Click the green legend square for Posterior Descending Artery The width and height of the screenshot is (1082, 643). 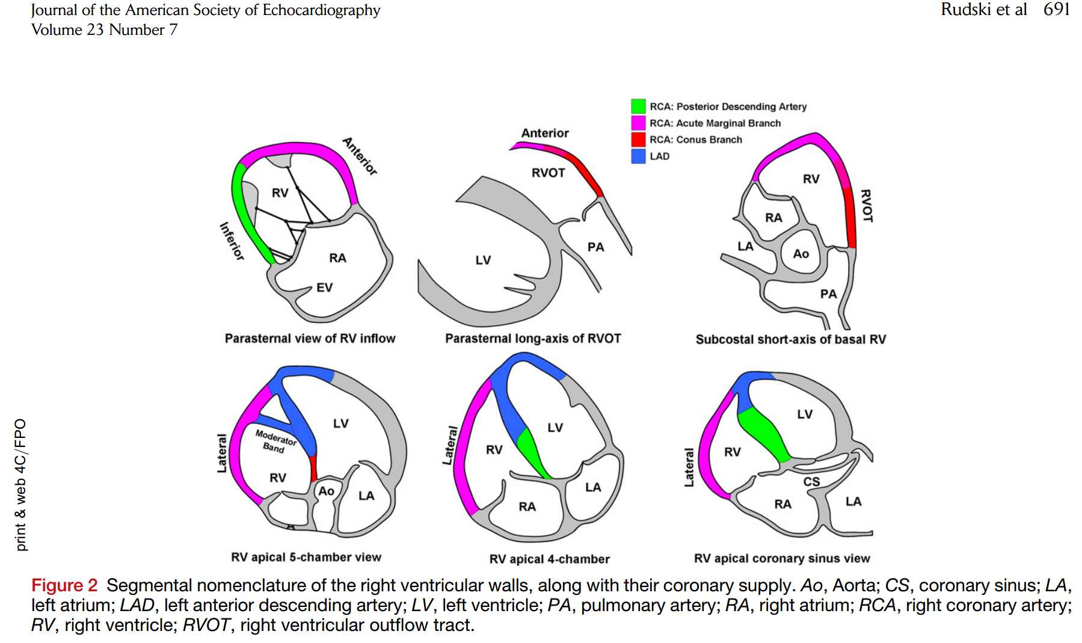pyautogui.click(x=638, y=106)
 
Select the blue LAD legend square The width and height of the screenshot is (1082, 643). pyautogui.click(x=638, y=156)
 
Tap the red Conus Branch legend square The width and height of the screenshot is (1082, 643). pyautogui.click(x=638, y=140)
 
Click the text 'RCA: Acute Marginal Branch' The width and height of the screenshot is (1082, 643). pyautogui.click(x=715, y=123)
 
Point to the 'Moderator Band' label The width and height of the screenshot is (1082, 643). pyautogui.click(x=275, y=441)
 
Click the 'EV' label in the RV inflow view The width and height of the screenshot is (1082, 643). pyautogui.click(x=324, y=288)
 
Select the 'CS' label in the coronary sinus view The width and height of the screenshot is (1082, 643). pyautogui.click(x=811, y=482)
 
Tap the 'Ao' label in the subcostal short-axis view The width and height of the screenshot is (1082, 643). pyautogui.click(x=801, y=254)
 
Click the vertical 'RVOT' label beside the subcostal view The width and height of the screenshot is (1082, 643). pyautogui.click(x=866, y=206)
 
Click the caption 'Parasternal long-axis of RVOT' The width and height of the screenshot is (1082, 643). pyautogui.click(x=533, y=339)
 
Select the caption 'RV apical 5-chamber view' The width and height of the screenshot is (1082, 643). pyautogui.click(x=306, y=558)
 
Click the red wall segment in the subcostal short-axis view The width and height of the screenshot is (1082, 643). pyautogui.click(x=850, y=217)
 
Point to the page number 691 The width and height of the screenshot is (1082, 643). pyautogui.click(x=1057, y=10)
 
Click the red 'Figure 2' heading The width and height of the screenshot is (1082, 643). pyautogui.click(x=64, y=585)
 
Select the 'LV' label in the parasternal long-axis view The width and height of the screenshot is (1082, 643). pyautogui.click(x=483, y=260)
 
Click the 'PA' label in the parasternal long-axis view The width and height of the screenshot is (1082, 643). pyautogui.click(x=595, y=247)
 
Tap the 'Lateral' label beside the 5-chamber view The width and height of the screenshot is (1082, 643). pyautogui.click(x=222, y=453)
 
